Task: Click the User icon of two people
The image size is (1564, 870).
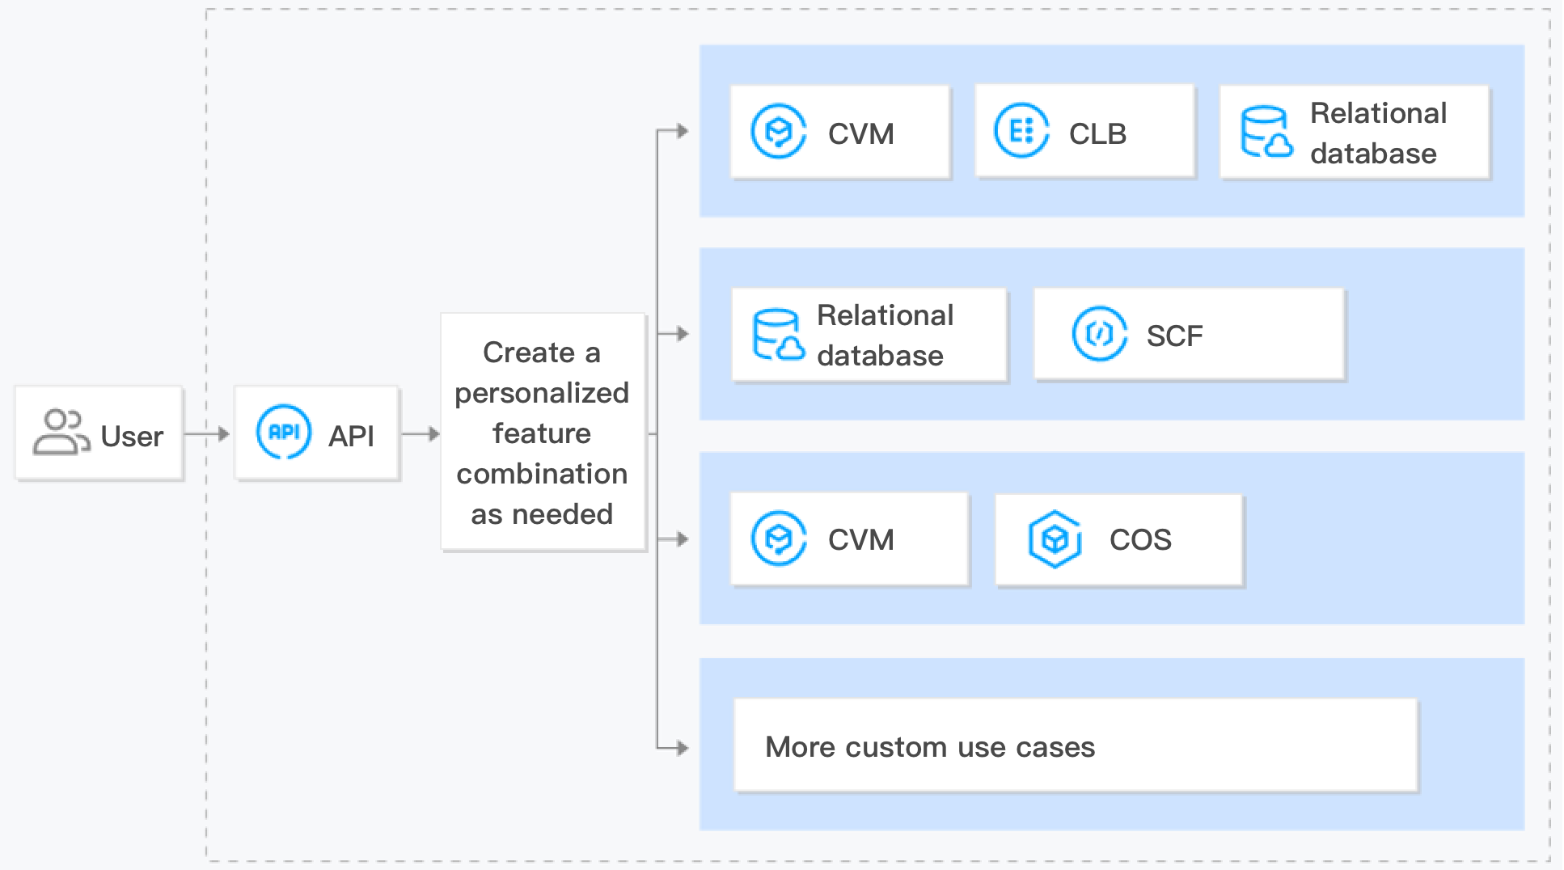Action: [x=60, y=433]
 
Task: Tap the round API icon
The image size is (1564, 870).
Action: [x=284, y=433]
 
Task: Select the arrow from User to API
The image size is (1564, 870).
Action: [x=208, y=434]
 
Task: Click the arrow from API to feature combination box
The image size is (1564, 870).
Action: [x=421, y=434]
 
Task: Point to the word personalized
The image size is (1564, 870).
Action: [x=541, y=393]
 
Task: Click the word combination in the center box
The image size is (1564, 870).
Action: [x=541, y=474]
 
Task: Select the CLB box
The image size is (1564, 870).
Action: [x=1084, y=131]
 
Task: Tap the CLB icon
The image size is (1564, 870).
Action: [x=1021, y=131]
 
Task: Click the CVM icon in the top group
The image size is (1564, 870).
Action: [x=778, y=131]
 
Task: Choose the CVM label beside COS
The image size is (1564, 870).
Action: [x=860, y=539]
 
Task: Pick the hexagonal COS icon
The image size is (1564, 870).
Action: [x=1055, y=539]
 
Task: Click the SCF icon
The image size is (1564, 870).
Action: [x=1098, y=333]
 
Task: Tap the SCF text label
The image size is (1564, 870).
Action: [x=1174, y=336]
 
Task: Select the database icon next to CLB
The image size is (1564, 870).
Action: [x=1266, y=132]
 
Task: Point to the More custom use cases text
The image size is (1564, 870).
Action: [x=929, y=747]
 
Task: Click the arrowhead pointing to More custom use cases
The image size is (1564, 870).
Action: [x=683, y=748]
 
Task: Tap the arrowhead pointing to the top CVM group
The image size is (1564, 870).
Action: [x=683, y=131]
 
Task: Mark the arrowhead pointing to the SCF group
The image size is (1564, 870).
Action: [x=683, y=333]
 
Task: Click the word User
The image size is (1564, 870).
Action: [x=132, y=437]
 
